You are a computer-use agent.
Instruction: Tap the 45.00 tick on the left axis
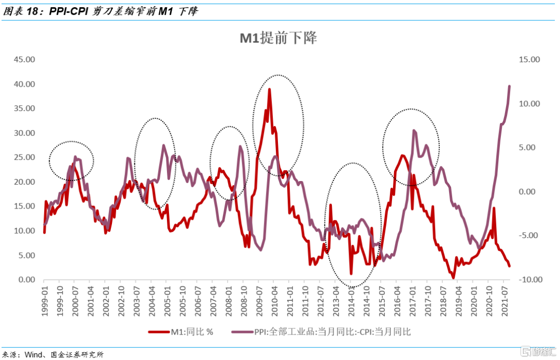pos(24,60)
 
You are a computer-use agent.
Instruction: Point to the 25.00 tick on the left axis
pos(24,157)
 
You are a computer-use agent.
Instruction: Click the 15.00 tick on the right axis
pos(529,60)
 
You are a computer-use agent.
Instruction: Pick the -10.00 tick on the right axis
pos(529,280)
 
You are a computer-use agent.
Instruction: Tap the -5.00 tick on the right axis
pos(530,236)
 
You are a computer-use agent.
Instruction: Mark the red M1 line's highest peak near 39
pos(270,89)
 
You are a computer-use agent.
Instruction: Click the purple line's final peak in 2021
pos(509,86)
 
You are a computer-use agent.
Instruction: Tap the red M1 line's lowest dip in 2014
pos(351,273)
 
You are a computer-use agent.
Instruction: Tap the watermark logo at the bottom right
pos(539,353)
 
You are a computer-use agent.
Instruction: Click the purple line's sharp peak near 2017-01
pos(413,131)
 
